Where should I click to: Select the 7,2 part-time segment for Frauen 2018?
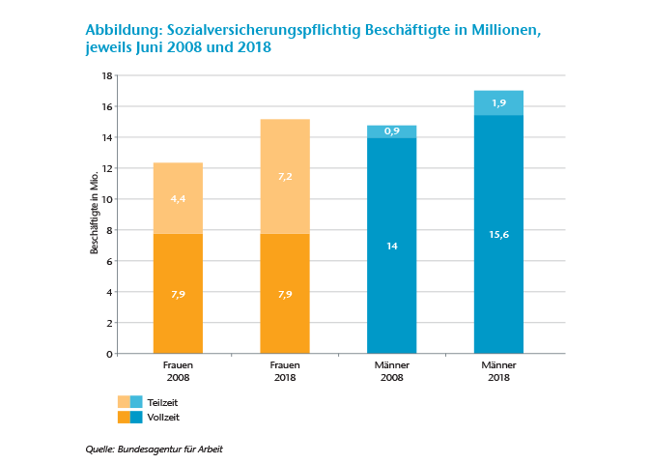pyautogui.click(x=285, y=177)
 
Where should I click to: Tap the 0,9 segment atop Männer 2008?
pyautogui.click(x=391, y=131)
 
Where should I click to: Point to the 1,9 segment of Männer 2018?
pyautogui.click(x=498, y=102)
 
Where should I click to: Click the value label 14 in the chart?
pyautogui.click(x=391, y=246)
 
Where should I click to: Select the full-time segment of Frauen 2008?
pyautogui.click(x=178, y=293)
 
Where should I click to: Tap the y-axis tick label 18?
pyautogui.click(x=108, y=75)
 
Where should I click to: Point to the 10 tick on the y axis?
pyautogui.click(x=108, y=199)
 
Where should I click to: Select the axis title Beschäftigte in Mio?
pyautogui.click(x=95, y=215)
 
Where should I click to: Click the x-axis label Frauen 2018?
pyautogui.click(x=285, y=371)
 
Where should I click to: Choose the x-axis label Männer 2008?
pyautogui.click(x=391, y=371)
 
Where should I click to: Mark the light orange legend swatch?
pyautogui.click(x=124, y=401)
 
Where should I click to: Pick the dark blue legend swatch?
pyautogui.click(x=136, y=418)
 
